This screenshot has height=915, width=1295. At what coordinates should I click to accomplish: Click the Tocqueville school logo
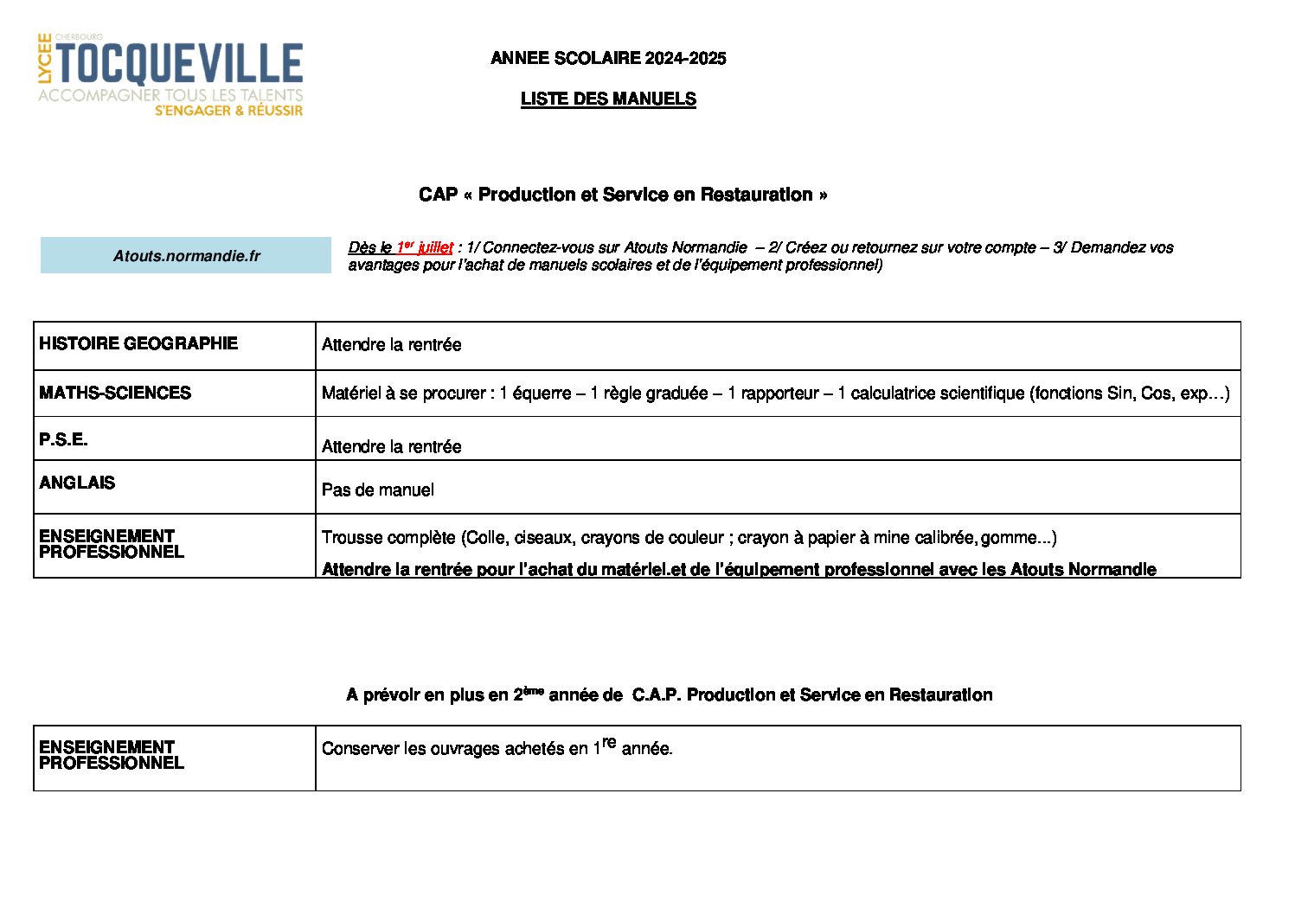(x=170, y=75)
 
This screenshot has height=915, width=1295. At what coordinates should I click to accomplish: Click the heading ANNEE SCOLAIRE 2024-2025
(x=608, y=58)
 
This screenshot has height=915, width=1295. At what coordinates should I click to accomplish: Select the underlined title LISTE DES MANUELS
(x=608, y=99)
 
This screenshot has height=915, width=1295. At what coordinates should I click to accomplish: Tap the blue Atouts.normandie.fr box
(x=186, y=256)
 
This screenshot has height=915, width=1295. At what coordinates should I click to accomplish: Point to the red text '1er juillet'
(x=425, y=247)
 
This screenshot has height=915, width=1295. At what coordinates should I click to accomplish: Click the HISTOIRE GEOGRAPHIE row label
(x=138, y=343)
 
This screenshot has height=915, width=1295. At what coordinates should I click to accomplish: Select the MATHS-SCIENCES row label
(x=115, y=393)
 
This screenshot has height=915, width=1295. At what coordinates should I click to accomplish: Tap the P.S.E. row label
(x=63, y=439)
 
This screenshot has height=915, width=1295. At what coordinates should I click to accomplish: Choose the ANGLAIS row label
(x=77, y=483)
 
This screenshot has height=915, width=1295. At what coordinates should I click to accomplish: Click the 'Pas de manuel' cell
(x=378, y=489)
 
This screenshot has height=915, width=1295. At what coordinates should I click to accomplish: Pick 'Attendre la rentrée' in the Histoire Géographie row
(x=391, y=344)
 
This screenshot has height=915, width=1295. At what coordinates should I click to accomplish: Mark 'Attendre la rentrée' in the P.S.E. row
(x=391, y=446)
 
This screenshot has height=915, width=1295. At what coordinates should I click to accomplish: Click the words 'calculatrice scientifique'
(x=937, y=394)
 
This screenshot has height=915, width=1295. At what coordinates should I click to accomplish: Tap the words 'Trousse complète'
(x=388, y=537)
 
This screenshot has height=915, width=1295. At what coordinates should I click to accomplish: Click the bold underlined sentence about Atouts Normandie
(x=739, y=569)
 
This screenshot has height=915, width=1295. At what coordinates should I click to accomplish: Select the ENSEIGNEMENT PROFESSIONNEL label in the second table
(x=111, y=754)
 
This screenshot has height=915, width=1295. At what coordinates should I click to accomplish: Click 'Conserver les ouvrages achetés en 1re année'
(x=497, y=748)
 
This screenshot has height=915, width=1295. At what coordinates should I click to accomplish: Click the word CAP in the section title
(x=438, y=195)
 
